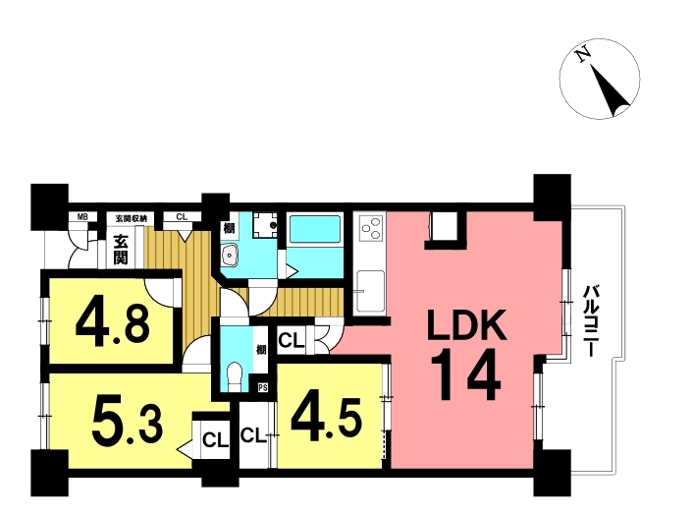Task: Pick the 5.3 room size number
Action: [x=128, y=425]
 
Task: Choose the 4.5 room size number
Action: [x=327, y=420]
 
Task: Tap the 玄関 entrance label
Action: [x=121, y=250]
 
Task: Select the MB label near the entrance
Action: [x=82, y=217]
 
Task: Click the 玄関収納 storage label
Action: [x=134, y=218]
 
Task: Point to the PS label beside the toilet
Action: [x=263, y=388]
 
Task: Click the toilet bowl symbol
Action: [x=234, y=376]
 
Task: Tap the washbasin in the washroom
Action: [x=230, y=255]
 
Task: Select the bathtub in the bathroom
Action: [x=315, y=229]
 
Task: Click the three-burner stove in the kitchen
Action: [x=369, y=229]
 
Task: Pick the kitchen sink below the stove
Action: [x=370, y=291]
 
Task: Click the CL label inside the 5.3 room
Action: [x=215, y=440]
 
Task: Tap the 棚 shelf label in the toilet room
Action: [x=261, y=350]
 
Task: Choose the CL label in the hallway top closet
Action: [x=182, y=217]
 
